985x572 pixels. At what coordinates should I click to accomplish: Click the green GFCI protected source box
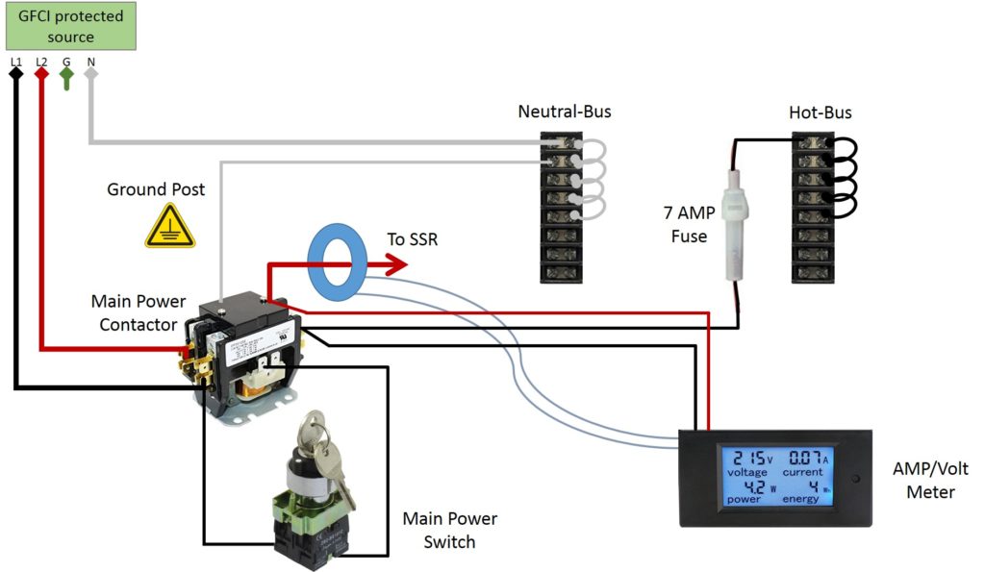(x=70, y=27)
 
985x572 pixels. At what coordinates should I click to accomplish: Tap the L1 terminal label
(x=15, y=61)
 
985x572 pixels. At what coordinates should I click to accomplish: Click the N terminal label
(x=91, y=61)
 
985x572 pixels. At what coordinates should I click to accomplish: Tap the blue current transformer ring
(x=338, y=259)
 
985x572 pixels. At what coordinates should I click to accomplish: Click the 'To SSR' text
(x=412, y=239)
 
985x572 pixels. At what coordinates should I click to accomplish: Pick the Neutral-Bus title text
(x=564, y=112)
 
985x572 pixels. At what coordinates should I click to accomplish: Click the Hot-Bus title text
(x=820, y=112)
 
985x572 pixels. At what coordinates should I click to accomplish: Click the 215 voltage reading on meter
(x=742, y=458)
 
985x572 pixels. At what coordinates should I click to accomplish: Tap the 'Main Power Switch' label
(x=449, y=530)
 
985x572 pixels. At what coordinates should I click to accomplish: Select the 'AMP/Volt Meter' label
(x=930, y=481)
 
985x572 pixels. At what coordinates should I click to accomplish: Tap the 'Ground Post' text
(x=155, y=189)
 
